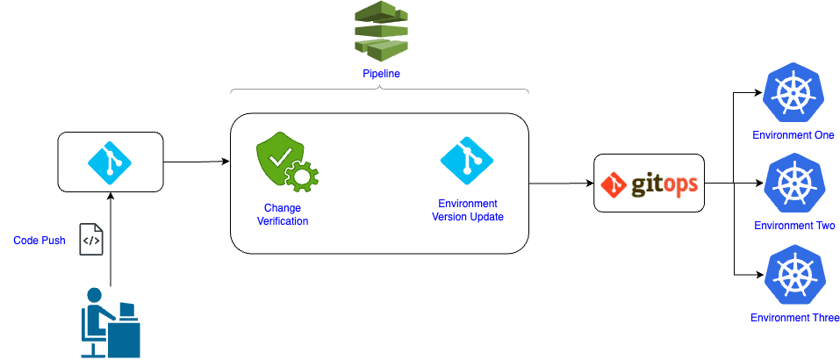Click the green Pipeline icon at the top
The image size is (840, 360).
(x=381, y=32)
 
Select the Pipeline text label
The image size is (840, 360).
(x=381, y=74)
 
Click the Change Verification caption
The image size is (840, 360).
(x=282, y=214)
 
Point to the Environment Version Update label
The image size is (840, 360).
(x=468, y=211)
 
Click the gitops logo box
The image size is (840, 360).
(x=649, y=184)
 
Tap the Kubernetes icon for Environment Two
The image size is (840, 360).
(x=793, y=184)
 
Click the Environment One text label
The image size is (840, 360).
(x=793, y=135)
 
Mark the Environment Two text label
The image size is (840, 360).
(x=793, y=226)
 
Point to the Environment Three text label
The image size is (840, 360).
(x=794, y=318)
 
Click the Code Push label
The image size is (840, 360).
(x=39, y=241)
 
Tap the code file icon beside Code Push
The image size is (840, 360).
(x=91, y=239)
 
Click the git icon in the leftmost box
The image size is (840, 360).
(x=111, y=162)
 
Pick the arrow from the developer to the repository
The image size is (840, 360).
(x=111, y=237)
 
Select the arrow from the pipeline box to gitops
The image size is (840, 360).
(x=561, y=184)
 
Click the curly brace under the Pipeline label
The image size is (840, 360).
(x=379, y=90)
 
